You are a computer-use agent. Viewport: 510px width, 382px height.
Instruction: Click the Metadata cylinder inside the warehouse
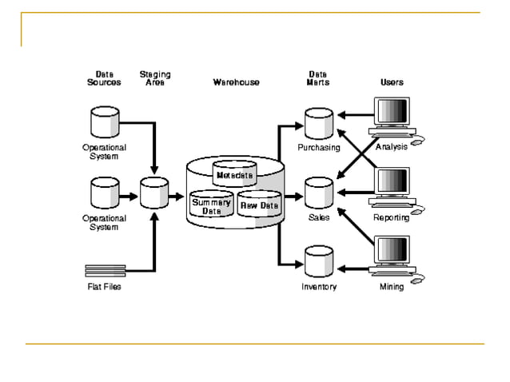[x=234, y=173]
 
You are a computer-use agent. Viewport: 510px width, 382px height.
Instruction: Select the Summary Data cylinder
[x=211, y=206]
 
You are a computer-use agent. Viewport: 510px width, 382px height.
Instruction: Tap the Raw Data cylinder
[x=259, y=205]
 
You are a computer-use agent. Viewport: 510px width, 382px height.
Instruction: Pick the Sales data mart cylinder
[x=318, y=193]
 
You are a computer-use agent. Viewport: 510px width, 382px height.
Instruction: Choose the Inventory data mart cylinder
[x=318, y=262]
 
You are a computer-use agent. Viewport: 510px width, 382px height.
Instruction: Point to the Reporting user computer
[x=392, y=188]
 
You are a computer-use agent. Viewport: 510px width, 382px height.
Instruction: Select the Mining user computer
[x=392, y=257]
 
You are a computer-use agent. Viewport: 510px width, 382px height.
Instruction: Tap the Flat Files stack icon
[x=105, y=270]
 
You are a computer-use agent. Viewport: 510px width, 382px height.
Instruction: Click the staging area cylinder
[x=153, y=193]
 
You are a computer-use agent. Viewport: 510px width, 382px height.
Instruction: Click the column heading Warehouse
[x=236, y=82]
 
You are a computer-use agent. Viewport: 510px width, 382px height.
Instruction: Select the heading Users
[x=392, y=82]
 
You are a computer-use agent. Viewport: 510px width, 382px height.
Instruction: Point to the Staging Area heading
[x=154, y=78]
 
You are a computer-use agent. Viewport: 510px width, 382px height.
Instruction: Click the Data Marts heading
[x=317, y=78]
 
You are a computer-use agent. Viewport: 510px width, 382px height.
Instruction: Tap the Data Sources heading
[x=104, y=78]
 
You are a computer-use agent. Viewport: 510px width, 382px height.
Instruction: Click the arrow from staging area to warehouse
[x=176, y=194]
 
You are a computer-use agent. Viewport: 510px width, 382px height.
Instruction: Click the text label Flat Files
[x=104, y=287]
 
